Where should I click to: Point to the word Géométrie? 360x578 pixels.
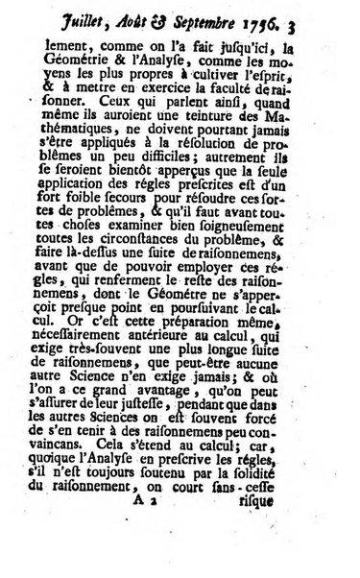pos(123,58)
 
